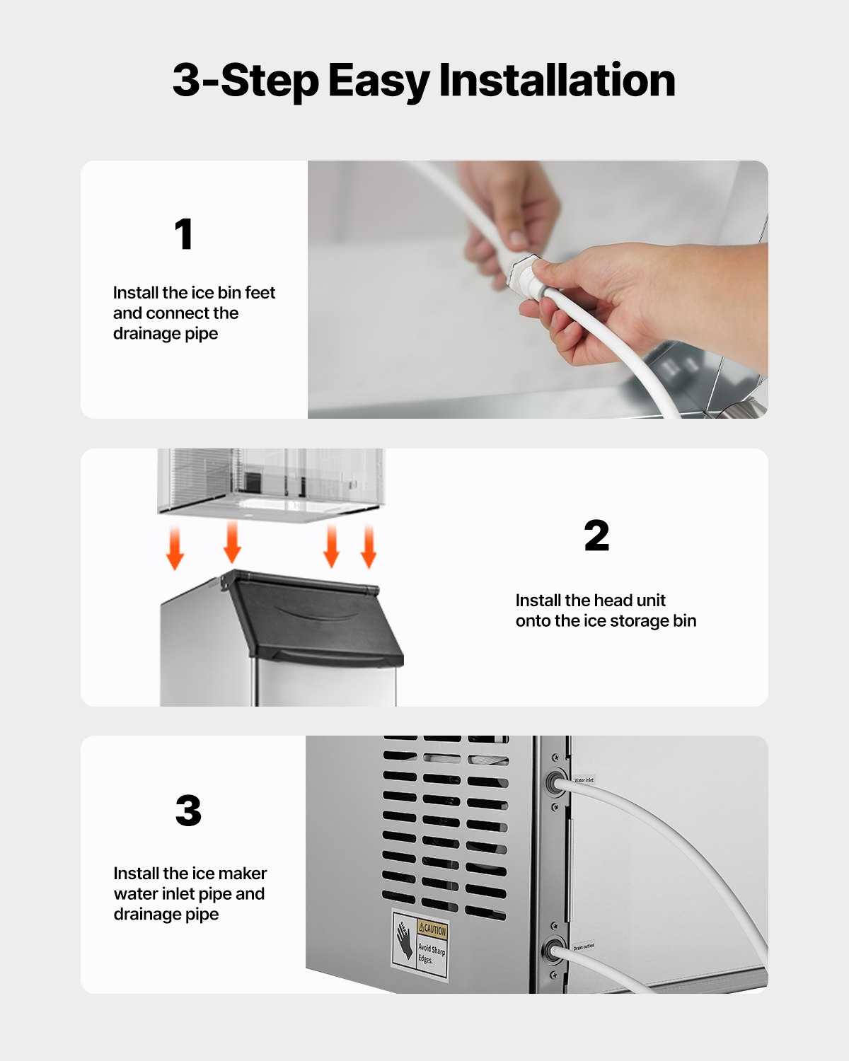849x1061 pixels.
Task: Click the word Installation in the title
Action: click(x=557, y=80)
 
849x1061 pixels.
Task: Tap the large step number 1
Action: click(x=184, y=234)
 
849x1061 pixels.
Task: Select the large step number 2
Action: click(x=596, y=535)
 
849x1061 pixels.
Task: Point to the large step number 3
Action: click(x=188, y=811)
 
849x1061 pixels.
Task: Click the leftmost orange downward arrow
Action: click(x=175, y=550)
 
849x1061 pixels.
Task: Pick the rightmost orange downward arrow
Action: click(x=369, y=547)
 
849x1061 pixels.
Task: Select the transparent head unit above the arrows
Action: click(x=271, y=481)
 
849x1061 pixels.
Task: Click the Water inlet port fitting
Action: click(x=551, y=782)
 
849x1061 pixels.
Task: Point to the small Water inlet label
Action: click(x=584, y=780)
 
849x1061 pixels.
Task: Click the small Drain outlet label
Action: click(x=584, y=946)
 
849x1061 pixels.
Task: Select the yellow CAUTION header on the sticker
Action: click(x=432, y=929)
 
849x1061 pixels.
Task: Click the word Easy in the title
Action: click(x=379, y=80)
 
